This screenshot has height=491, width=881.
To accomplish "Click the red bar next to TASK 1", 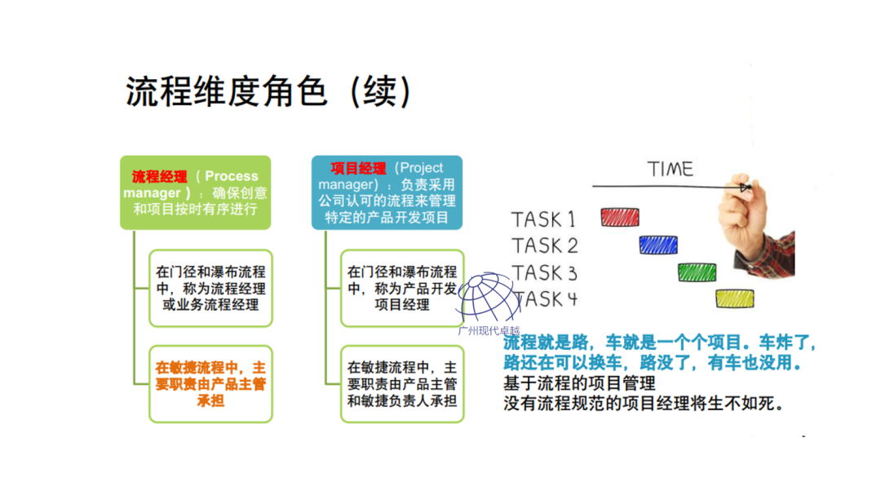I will pyautogui.click(x=619, y=217).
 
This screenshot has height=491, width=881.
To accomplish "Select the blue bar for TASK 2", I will pyautogui.click(x=658, y=244).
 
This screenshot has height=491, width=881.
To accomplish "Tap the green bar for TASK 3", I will pyautogui.click(x=697, y=272).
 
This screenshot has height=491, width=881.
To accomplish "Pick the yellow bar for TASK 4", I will pyautogui.click(x=735, y=299).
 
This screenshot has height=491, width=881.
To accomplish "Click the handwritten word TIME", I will pyautogui.click(x=670, y=169).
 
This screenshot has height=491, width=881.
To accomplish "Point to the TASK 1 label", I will pyautogui.click(x=543, y=219).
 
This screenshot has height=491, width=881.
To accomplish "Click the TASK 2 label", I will pyautogui.click(x=544, y=245).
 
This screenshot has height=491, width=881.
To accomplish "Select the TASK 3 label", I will pyautogui.click(x=544, y=272).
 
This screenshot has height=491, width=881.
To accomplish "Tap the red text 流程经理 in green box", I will pyautogui.click(x=159, y=176).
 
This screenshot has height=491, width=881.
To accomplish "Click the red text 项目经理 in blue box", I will pyautogui.click(x=358, y=169).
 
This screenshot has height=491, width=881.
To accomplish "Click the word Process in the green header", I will pyautogui.click(x=231, y=176).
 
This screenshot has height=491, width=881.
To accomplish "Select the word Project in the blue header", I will pyautogui.click(x=422, y=169).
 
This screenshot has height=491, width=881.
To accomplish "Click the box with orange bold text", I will pyautogui.click(x=210, y=384).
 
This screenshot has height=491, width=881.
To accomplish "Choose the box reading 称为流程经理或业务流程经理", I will pyautogui.click(x=210, y=288).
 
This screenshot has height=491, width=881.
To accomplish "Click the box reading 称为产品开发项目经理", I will pyautogui.click(x=401, y=288).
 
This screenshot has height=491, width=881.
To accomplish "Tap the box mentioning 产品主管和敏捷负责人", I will pyautogui.click(x=401, y=384).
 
